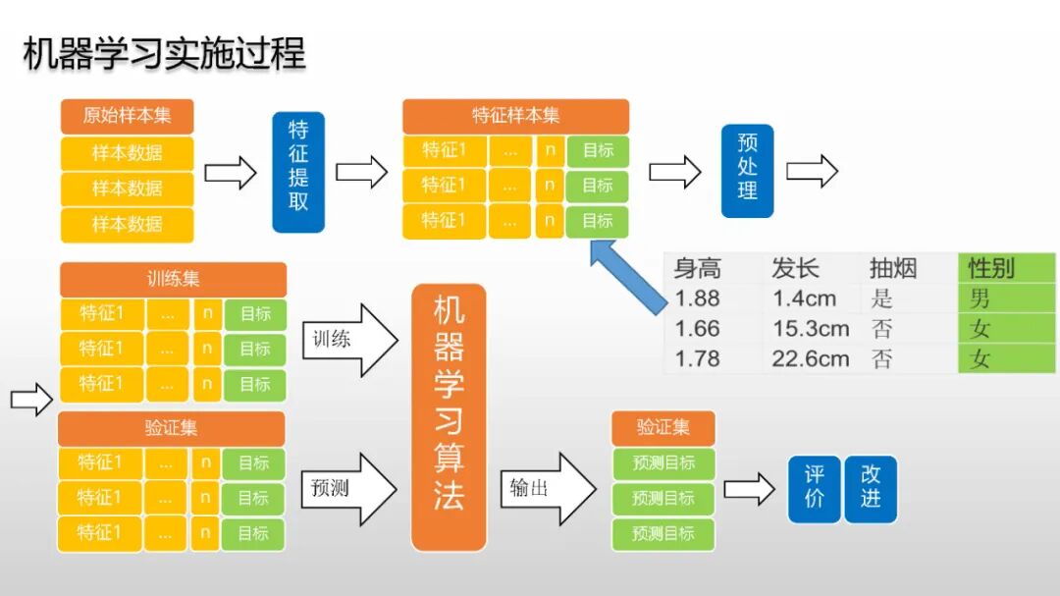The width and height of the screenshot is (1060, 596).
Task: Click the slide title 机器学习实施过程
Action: tap(164, 53)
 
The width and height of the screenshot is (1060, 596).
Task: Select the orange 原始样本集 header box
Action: tap(127, 116)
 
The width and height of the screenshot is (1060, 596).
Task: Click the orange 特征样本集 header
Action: tap(515, 116)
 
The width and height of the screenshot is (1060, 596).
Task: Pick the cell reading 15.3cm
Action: tap(811, 329)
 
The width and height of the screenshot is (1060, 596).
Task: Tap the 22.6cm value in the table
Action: tap(811, 358)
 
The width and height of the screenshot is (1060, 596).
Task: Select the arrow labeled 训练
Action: tap(348, 340)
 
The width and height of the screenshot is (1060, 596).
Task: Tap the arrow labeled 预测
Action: tap(348, 488)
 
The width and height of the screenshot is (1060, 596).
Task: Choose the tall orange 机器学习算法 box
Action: tap(449, 416)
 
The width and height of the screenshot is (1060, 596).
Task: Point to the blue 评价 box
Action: tap(814, 487)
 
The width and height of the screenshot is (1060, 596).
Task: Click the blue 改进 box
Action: tap(871, 487)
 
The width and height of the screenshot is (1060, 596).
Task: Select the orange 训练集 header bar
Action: tap(173, 280)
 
